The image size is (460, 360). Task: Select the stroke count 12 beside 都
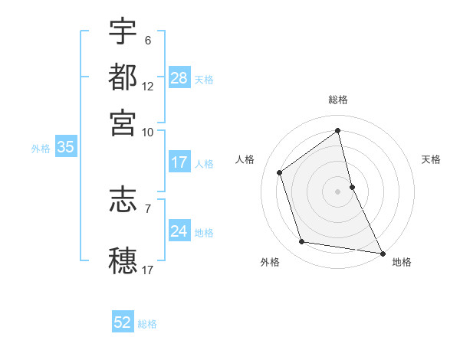tap(148, 87)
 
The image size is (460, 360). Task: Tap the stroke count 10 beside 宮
tap(148, 132)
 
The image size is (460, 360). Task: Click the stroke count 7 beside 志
tap(148, 208)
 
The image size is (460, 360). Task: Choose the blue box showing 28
tap(179, 78)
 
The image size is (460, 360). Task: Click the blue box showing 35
tap(65, 148)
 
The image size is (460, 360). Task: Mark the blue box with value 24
tap(179, 231)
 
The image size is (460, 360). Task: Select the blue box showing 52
tap(123, 322)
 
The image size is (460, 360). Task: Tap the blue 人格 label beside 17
tap(204, 163)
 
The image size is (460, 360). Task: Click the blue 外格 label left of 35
tap(41, 149)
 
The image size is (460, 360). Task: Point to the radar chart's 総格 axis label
tap(338, 100)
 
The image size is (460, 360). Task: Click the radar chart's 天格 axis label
tap(431, 159)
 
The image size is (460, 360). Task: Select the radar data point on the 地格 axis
tap(382, 252)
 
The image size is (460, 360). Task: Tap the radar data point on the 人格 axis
tap(280, 172)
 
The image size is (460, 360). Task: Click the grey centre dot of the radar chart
tap(338, 191)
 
